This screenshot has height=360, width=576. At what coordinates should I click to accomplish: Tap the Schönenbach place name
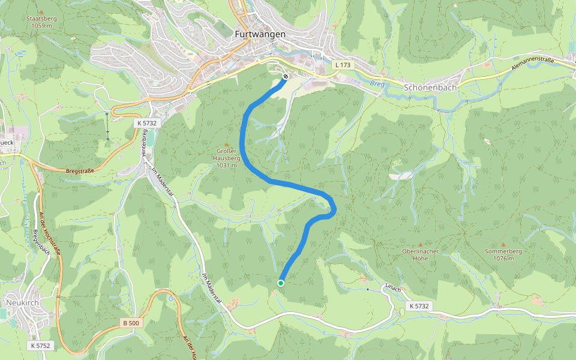point(431,87)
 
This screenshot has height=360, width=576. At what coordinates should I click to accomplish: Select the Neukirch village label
point(22,302)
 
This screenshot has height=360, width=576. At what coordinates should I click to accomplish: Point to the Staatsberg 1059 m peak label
point(41,22)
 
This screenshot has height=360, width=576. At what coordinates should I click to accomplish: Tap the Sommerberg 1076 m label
point(503,254)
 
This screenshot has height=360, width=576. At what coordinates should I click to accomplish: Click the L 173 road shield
point(344,64)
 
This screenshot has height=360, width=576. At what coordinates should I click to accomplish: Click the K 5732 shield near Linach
point(420,306)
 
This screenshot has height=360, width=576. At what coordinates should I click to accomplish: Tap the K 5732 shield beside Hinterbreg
point(146,122)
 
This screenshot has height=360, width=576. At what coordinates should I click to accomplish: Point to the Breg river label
point(376,84)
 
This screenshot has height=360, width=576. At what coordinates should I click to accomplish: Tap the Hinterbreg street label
point(144,144)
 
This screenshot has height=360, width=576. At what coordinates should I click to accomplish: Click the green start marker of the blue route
point(281,283)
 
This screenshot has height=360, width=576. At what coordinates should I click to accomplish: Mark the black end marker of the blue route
point(286,76)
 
